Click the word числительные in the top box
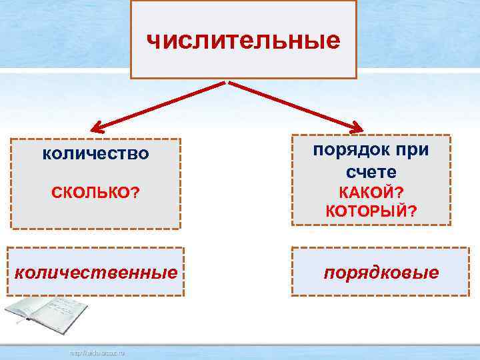(x=243, y=41)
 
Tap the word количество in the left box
(x=95, y=154)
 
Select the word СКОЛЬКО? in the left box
(x=95, y=193)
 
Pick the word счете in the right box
(x=371, y=172)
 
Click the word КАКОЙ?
(x=371, y=193)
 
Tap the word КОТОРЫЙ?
(x=371, y=212)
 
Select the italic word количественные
(x=96, y=272)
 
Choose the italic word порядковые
(x=381, y=273)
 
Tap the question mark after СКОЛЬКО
(x=135, y=193)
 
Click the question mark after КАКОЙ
(x=399, y=193)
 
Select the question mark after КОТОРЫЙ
(x=413, y=212)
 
